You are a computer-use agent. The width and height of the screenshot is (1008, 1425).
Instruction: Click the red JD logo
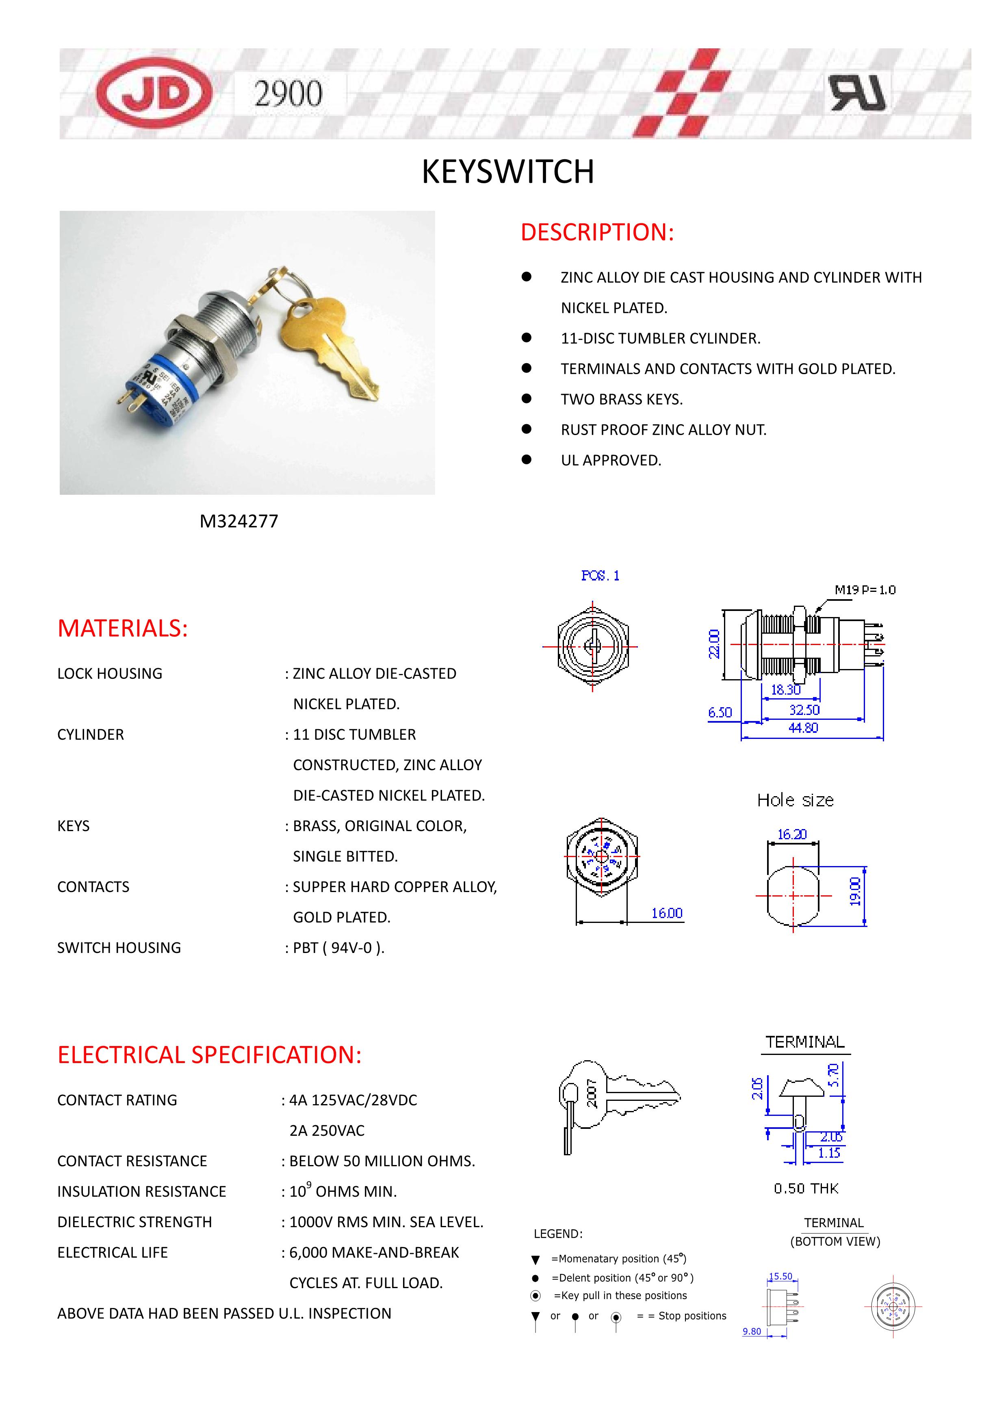click(x=154, y=93)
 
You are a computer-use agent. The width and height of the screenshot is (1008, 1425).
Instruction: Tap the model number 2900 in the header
click(x=288, y=94)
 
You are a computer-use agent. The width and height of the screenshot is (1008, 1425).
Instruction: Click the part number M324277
click(x=239, y=521)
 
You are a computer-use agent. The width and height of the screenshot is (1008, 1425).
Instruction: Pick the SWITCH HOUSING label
click(x=119, y=948)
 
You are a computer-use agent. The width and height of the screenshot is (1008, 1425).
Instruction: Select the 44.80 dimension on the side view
click(x=803, y=728)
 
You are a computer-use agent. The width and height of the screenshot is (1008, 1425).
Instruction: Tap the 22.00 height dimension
click(x=714, y=643)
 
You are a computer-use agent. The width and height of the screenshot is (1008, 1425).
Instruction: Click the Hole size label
click(x=795, y=801)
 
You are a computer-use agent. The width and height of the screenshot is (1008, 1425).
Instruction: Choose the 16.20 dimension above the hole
click(x=792, y=835)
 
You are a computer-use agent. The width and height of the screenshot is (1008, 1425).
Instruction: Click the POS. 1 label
click(x=600, y=576)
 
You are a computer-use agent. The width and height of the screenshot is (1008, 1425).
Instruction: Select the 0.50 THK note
click(x=806, y=1189)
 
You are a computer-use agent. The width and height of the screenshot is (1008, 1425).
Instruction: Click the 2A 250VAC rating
click(x=327, y=1131)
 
